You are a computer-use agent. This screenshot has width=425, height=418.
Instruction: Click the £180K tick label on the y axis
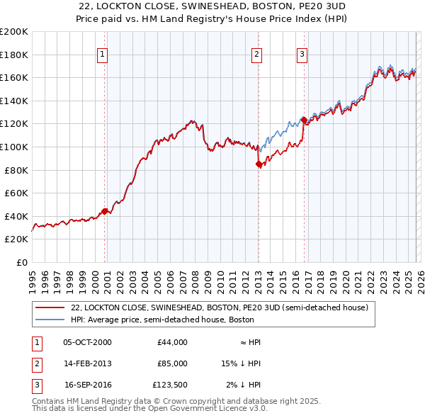click(14, 55)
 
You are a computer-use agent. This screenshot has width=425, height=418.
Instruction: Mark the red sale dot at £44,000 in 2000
click(104, 211)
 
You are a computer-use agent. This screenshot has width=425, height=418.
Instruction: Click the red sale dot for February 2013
click(259, 164)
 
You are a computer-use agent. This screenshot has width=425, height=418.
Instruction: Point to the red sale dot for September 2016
click(304, 120)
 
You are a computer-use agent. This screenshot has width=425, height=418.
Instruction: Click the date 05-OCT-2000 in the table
click(87, 342)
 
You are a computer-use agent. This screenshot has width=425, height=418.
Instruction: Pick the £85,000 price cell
click(172, 363)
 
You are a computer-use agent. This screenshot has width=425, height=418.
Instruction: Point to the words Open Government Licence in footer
click(206, 408)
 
